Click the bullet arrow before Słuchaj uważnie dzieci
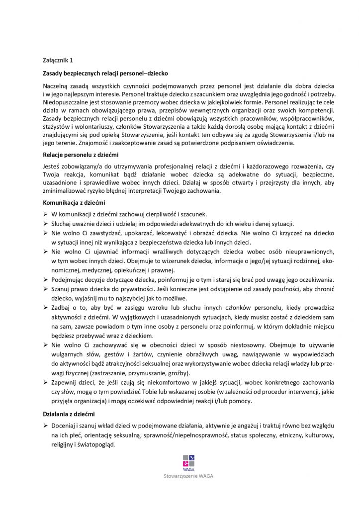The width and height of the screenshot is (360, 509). point(45,223)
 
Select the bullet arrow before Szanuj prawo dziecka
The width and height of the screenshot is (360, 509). point(45,289)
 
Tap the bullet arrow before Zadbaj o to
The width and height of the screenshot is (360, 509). point(45,308)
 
